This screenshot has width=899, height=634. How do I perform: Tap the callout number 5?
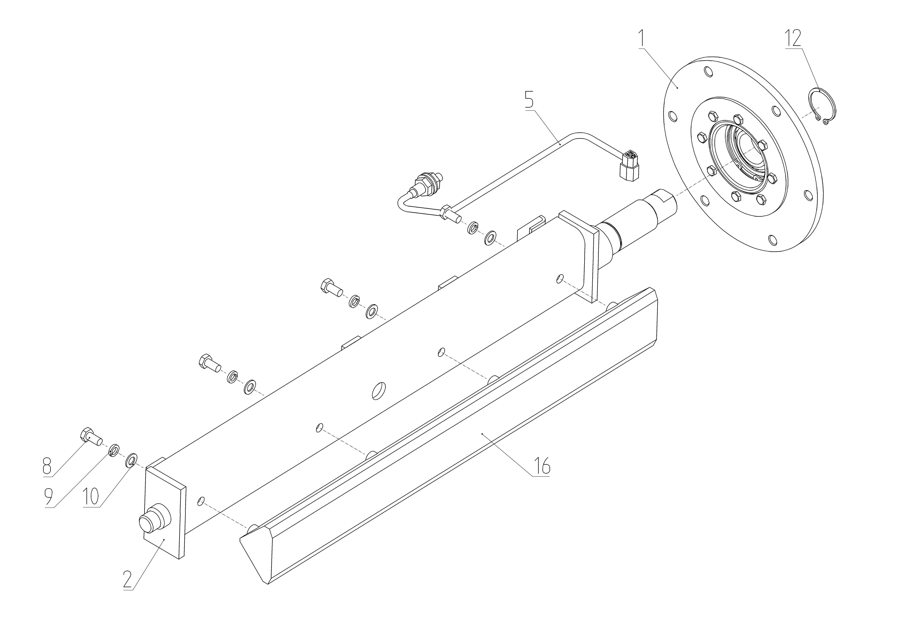pyautogui.click(x=529, y=100)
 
